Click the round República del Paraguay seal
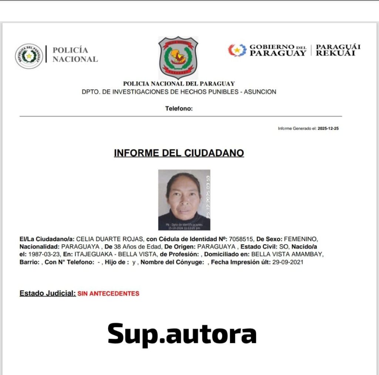tap(29, 56)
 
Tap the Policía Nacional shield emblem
tap(178, 57)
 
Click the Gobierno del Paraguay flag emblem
tap(237, 50)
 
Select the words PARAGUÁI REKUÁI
tap(338, 50)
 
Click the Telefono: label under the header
tap(179, 109)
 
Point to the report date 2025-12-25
tap(328, 129)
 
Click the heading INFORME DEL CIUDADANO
tap(179, 153)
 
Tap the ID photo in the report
tap(184, 200)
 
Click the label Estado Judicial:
tap(47, 293)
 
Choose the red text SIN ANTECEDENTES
tap(108, 294)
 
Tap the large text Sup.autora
tap(182, 333)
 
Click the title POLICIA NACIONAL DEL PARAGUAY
tap(179, 84)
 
